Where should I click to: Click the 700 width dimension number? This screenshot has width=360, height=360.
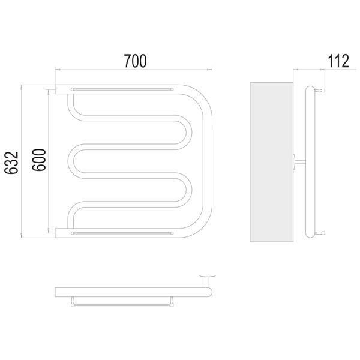(135, 61)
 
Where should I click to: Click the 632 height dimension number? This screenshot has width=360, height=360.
(11, 163)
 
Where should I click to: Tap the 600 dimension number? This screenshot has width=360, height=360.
(39, 160)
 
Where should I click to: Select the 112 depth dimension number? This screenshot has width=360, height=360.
(338, 61)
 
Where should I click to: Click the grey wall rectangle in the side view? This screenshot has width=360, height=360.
(271, 162)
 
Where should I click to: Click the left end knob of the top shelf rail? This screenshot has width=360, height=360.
(73, 89)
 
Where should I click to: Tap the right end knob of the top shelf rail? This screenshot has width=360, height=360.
(172, 89)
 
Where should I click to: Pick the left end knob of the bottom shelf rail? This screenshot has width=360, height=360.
(73, 233)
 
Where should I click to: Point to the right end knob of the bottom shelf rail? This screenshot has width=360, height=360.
(172, 233)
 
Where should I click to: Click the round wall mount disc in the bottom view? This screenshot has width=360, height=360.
(208, 275)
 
